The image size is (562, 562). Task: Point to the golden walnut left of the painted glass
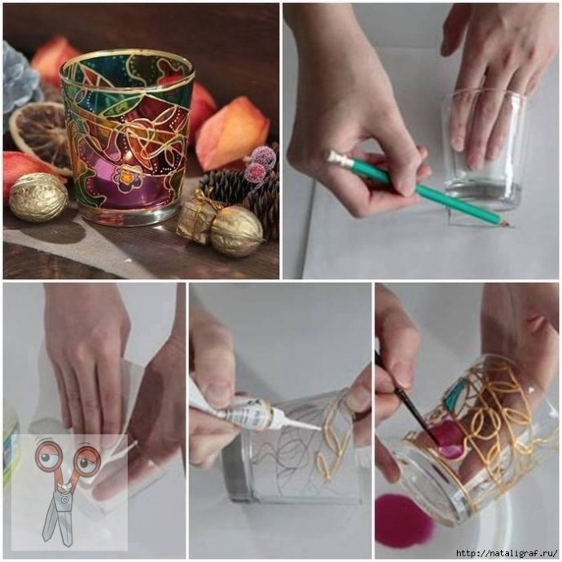(x=38, y=197)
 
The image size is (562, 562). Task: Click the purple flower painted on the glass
(x=126, y=177)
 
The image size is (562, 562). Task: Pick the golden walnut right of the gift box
(x=236, y=231)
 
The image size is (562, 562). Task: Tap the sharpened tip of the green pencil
(x=507, y=224)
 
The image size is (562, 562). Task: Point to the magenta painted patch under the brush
(x=450, y=439)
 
